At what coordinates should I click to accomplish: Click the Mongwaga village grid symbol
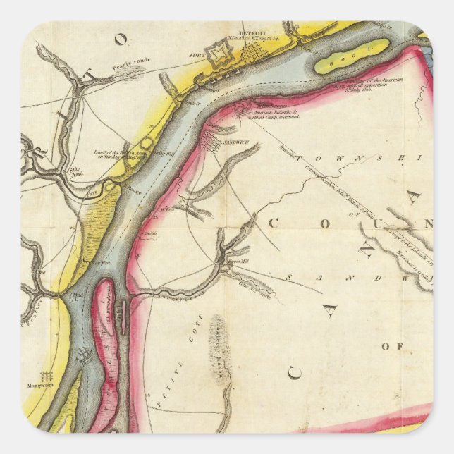[x=47, y=376]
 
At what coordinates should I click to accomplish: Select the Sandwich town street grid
[x=211, y=143]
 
